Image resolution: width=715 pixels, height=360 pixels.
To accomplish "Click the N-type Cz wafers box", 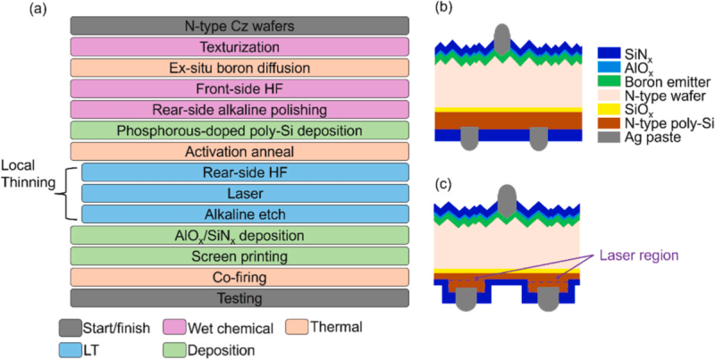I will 239,25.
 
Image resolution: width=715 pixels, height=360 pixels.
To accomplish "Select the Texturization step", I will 239,46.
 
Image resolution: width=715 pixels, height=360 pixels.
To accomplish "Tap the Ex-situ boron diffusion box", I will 239,67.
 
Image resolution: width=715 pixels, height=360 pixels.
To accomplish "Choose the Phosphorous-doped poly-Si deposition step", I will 239,130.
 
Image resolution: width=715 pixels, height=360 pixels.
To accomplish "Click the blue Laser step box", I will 245,193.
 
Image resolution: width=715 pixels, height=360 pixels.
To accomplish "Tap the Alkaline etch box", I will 245,213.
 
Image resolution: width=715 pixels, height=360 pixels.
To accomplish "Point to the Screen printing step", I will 239,255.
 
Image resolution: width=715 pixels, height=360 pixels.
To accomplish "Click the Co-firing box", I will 239,277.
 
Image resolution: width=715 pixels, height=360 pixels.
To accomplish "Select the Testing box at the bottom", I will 239,297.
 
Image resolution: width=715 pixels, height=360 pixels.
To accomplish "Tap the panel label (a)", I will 14,10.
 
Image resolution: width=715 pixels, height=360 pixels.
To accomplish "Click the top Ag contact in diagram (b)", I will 503,38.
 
